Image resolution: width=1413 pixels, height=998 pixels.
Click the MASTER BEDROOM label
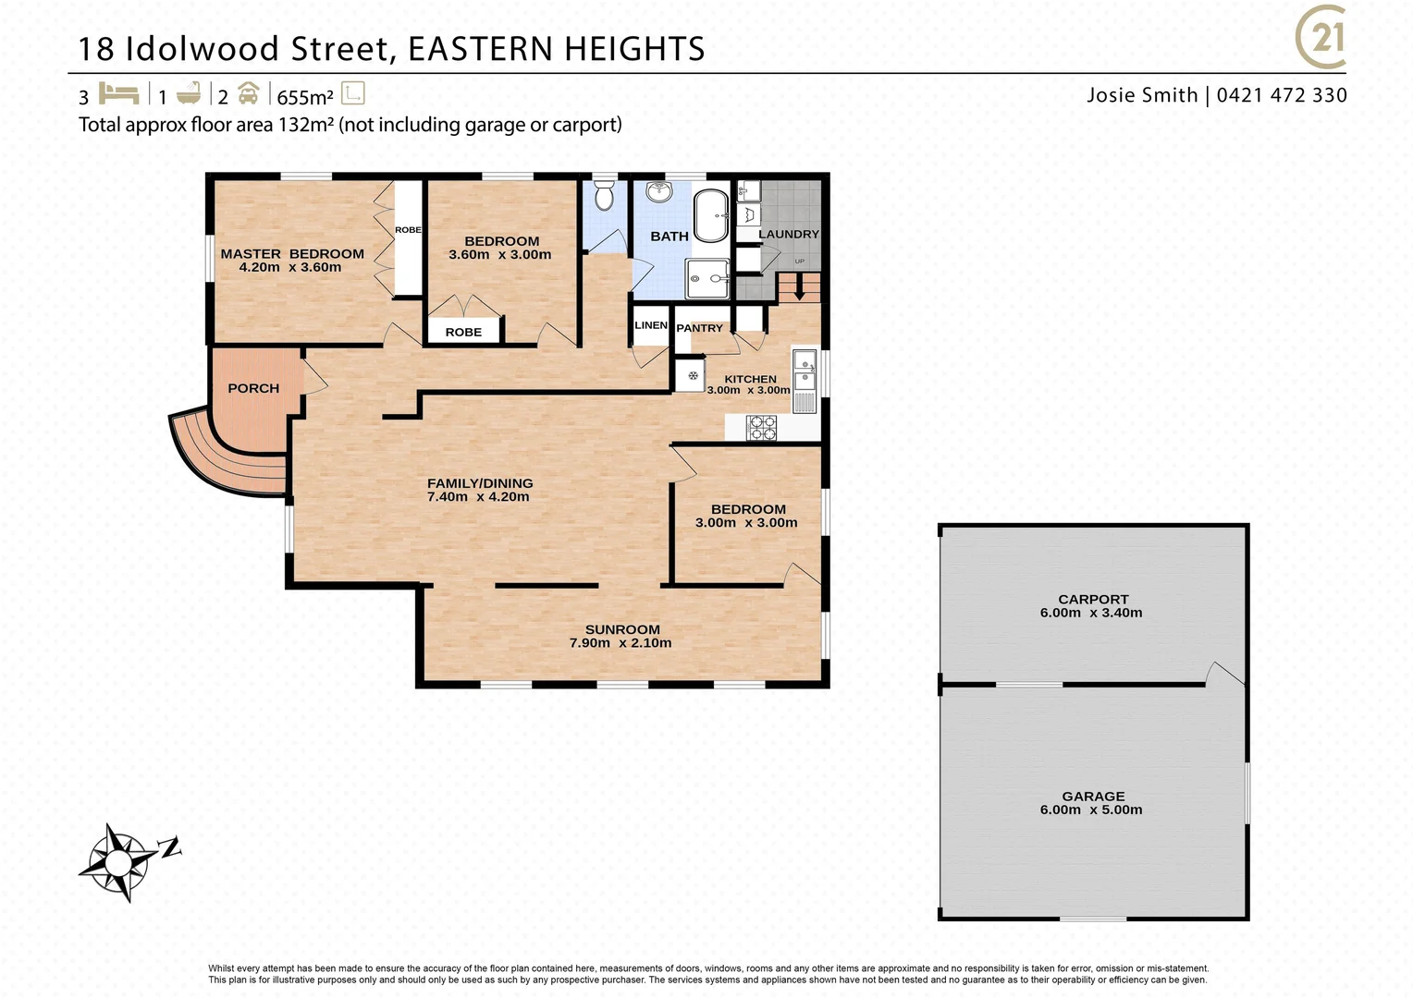point(292,253)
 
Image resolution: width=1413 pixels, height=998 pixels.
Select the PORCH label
point(253,388)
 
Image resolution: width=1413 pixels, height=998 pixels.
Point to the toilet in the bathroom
point(604,196)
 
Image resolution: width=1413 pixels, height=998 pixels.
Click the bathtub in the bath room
point(711,215)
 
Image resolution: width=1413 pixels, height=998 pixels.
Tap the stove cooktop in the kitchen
point(762,427)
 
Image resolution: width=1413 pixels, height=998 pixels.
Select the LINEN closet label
point(651,325)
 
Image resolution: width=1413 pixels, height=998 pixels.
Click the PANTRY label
point(699,328)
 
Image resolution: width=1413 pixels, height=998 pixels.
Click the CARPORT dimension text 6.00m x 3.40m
point(1091,613)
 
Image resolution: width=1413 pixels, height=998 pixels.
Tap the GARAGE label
point(1093,796)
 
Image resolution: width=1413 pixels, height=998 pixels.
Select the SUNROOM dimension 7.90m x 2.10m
point(620,643)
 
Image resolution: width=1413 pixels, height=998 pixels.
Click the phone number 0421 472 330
point(1282,95)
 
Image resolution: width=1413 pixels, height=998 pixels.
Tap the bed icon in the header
point(118,94)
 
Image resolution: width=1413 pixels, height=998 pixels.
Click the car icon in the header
point(248,94)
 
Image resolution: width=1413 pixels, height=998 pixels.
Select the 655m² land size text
point(305,97)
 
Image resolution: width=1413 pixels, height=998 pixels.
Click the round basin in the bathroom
point(659,192)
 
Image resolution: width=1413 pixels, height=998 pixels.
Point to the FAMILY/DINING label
point(480,482)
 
